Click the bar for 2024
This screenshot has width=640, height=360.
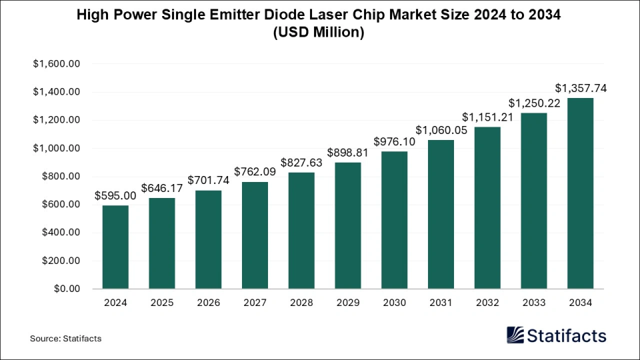coord(115,247)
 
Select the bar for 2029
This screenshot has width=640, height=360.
coord(348,226)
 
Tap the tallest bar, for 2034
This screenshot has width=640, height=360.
coord(580,193)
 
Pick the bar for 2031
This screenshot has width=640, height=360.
coord(441,215)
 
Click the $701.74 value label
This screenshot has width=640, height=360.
coord(208,180)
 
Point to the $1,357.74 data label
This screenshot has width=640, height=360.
coord(580,88)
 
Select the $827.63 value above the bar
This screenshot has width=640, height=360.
coord(301,162)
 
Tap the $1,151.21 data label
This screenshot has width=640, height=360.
coord(487,117)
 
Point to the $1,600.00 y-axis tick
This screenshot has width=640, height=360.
coord(56,64)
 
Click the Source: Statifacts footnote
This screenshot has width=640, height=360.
coord(65,339)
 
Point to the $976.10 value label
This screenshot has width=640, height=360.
coord(395,141)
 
